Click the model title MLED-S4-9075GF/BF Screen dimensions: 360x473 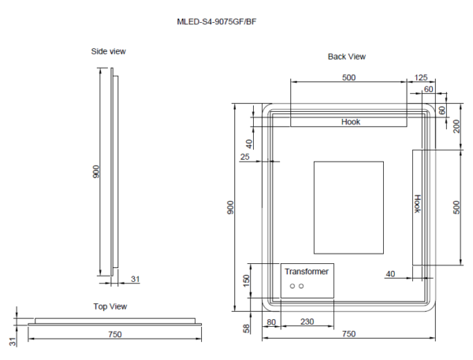tap(216, 22)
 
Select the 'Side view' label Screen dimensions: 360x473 tap(109, 51)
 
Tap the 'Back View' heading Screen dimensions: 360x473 tap(347, 57)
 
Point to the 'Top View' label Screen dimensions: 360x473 tap(110, 306)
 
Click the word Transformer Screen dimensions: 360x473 tap(306, 271)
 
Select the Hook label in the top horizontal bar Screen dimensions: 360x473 tap(351, 122)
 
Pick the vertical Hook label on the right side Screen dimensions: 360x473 tap(418, 204)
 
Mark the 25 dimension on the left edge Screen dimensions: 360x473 tap(245, 158)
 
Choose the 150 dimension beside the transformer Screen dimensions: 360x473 tap(246, 280)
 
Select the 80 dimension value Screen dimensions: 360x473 tap(271, 321)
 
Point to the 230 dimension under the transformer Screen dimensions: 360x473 tap(308, 321)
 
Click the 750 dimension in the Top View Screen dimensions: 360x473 tap(114, 335)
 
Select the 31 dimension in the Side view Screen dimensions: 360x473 tap(135, 279)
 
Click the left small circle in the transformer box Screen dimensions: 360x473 tap(291, 286)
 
